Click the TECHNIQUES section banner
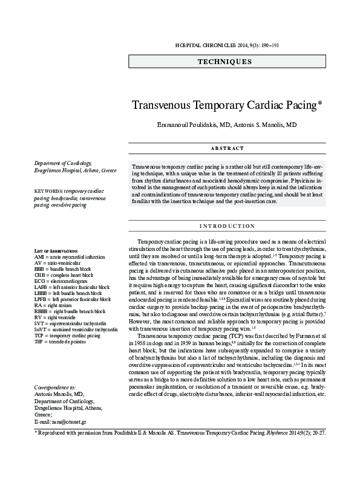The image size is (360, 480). [x=224, y=61]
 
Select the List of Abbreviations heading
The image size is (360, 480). [x=56, y=250]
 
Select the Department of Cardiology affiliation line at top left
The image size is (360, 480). [x=63, y=163]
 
